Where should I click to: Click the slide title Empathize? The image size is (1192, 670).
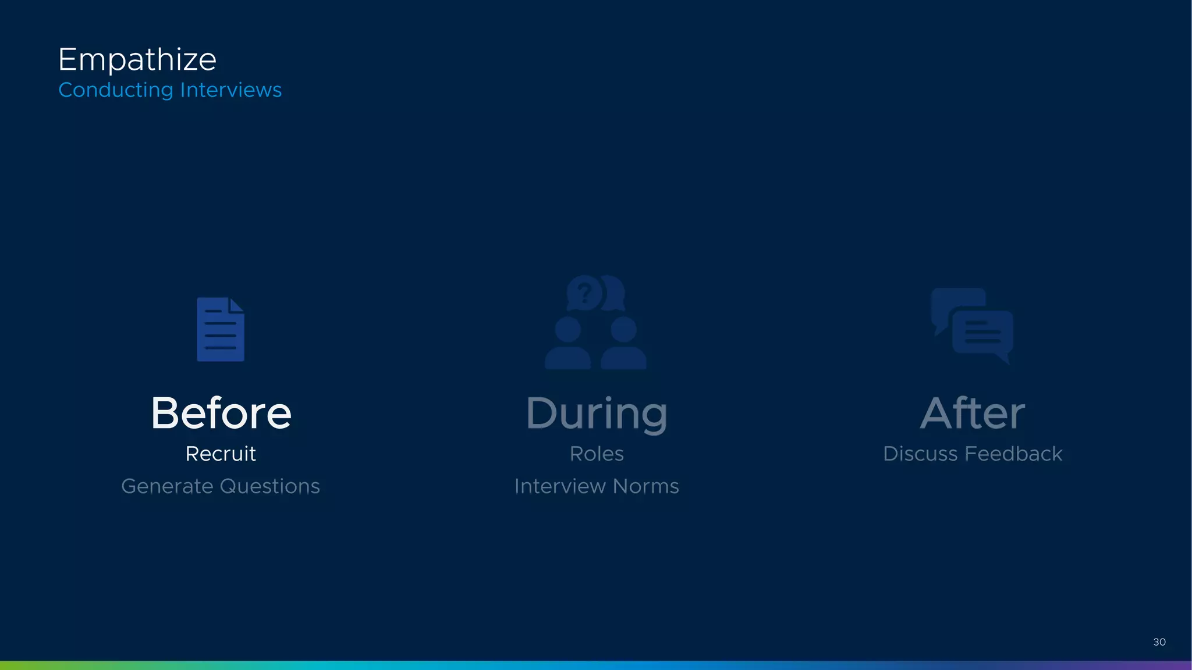click(137, 60)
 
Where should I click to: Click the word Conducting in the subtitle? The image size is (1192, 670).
click(116, 90)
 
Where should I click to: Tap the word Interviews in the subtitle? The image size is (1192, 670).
click(230, 90)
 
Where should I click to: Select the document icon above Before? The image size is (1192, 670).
click(221, 330)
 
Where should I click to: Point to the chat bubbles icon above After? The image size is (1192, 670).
click(972, 326)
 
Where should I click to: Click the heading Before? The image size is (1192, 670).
click(221, 413)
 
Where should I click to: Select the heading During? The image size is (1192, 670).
click(597, 414)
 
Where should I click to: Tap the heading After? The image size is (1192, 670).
click(973, 413)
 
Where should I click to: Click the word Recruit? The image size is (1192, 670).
click(221, 454)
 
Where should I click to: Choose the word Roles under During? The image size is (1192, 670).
click(597, 454)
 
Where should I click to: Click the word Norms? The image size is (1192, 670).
click(645, 486)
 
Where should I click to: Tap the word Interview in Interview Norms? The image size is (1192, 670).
click(559, 486)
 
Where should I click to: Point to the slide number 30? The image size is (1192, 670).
click(1159, 642)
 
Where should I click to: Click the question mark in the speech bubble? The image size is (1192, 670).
click(585, 293)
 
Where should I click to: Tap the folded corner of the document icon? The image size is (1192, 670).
click(237, 305)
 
